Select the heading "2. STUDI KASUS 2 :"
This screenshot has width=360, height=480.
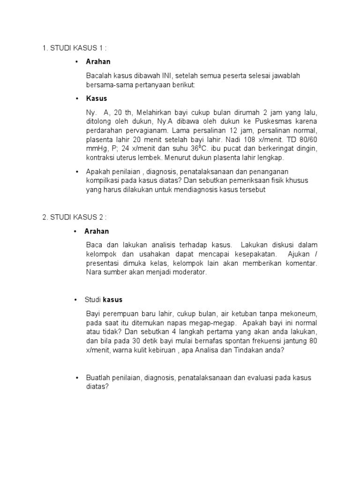(75, 217)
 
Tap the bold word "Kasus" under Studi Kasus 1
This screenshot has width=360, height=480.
(97, 98)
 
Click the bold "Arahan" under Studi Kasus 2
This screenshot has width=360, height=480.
(97, 231)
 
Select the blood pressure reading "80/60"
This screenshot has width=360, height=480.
(307, 140)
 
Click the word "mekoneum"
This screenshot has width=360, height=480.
(300, 314)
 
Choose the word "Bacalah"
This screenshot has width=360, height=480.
(99, 75)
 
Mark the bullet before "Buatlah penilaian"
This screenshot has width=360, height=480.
(77, 378)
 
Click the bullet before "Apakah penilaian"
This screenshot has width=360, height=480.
(77, 172)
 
